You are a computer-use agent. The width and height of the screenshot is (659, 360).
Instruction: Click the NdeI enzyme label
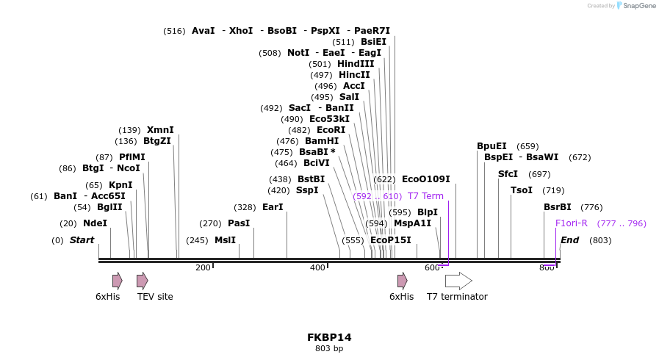tap(95, 223)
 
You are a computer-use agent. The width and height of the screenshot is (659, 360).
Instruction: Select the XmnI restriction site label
tap(160, 130)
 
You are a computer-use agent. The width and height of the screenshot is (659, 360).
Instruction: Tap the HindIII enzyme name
tap(356, 64)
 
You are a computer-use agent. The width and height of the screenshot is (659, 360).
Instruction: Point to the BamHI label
tap(322, 141)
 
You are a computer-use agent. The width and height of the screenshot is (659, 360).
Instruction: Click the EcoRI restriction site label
tap(331, 130)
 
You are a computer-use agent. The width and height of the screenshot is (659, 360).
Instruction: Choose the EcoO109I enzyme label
tap(425, 179)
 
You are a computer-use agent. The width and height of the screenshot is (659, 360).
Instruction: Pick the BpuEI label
tap(491, 146)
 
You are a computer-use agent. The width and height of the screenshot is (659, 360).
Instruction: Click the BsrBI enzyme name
tap(557, 207)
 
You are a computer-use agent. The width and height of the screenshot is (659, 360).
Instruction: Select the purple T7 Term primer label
tap(425, 196)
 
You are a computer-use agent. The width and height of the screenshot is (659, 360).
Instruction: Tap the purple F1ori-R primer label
tap(571, 223)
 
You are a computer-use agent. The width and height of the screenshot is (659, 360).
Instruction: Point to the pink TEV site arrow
tap(143, 281)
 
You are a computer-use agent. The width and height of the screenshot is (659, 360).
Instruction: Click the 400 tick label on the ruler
tap(317, 267)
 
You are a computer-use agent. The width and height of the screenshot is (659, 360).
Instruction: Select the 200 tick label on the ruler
tap(203, 267)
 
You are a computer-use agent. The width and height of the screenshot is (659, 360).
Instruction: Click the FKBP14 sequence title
tap(329, 337)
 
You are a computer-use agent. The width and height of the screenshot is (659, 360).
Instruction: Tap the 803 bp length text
tap(329, 348)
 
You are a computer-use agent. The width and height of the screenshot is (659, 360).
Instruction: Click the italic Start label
tap(82, 240)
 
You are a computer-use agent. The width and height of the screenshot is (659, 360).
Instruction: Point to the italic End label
tap(569, 240)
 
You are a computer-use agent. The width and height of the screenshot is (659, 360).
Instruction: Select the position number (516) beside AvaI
tap(174, 31)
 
